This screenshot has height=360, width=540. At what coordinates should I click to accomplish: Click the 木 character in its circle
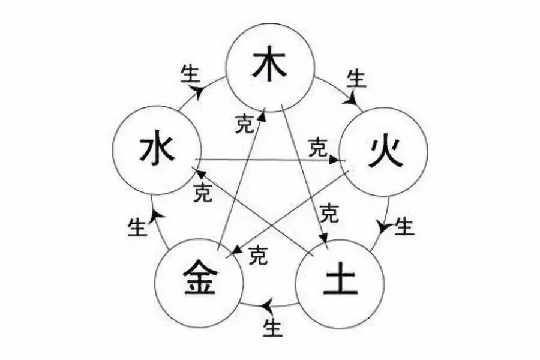click(269, 64)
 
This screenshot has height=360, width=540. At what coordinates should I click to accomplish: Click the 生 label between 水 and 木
click(190, 74)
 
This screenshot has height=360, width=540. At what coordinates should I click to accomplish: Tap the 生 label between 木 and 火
click(357, 78)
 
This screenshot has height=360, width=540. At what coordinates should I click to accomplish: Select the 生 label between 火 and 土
click(404, 226)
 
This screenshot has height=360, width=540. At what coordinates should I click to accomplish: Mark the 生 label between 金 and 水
click(137, 227)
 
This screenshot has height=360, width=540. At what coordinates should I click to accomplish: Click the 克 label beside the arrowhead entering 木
click(245, 124)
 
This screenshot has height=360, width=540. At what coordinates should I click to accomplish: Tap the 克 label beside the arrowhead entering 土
click(329, 213)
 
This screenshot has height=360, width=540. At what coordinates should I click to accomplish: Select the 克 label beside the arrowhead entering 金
click(258, 254)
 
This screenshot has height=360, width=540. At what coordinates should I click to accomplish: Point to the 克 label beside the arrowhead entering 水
click(203, 192)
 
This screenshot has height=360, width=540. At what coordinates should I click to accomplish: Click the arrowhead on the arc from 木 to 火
click(352, 99)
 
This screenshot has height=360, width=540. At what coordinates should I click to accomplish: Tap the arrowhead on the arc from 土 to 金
click(267, 305)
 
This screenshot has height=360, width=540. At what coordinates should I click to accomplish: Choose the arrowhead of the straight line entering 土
click(323, 238)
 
